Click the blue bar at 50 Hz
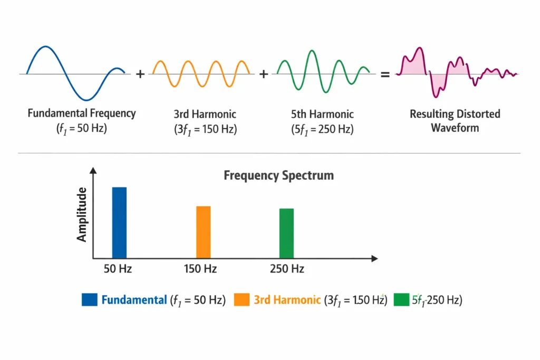coord(119,222)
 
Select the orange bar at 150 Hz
coord(204,232)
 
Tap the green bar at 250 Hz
coord(286,233)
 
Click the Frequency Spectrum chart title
coord(278,176)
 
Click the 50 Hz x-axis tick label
coord(118,269)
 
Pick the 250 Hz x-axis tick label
coord(287,269)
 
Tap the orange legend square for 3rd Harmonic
coord(242,300)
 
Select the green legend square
coord(401,300)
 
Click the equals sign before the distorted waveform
coord(385,75)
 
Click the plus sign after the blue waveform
coord(140,74)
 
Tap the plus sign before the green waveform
coord(264,74)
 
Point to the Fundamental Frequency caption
coord(82,113)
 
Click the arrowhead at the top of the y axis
coord(93,170)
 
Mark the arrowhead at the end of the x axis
coord(374,259)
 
